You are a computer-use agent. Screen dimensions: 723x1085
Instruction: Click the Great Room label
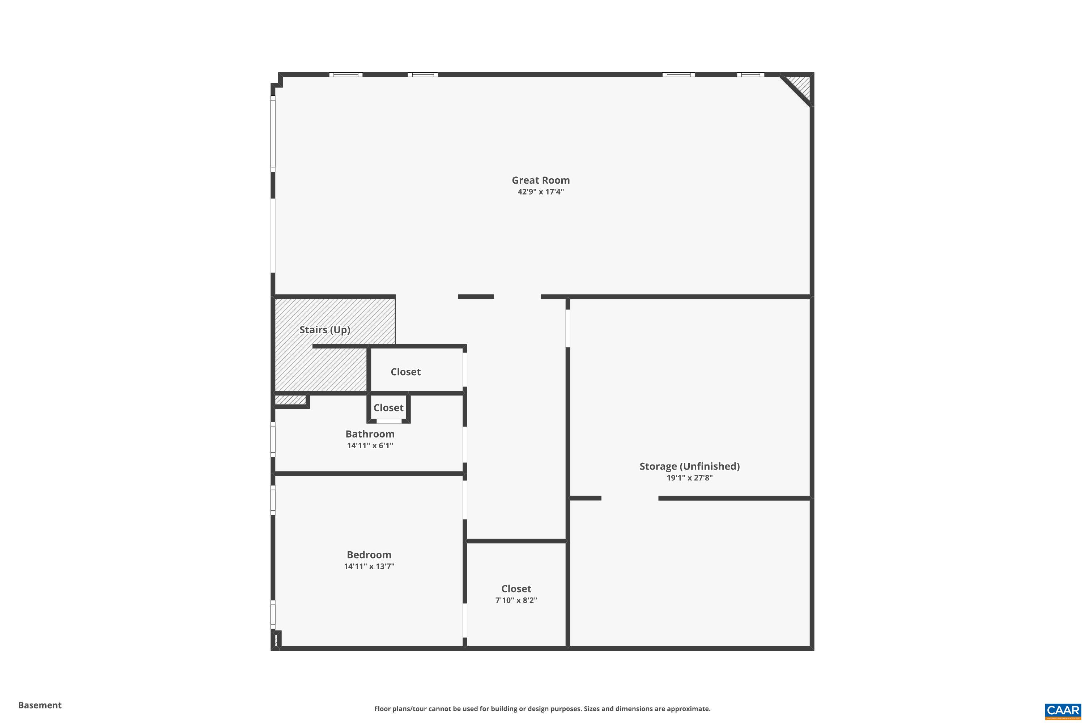point(540,180)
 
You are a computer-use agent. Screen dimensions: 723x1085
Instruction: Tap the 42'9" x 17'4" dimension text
point(540,192)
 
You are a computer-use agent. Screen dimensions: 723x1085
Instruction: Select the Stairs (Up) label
point(325,330)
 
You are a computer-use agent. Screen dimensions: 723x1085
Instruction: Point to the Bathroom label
point(370,434)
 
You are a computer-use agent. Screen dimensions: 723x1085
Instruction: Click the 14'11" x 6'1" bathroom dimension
point(370,445)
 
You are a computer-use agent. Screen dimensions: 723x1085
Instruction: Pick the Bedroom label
point(369,555)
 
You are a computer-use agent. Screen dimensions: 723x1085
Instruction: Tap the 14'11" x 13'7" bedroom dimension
point(369,566)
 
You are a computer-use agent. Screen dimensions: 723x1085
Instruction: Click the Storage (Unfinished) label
point(689,466)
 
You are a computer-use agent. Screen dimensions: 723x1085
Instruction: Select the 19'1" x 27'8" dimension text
point(689,478)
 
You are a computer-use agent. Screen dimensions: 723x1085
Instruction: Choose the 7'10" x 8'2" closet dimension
point(516,600)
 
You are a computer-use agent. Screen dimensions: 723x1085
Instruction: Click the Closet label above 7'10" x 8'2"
point(516,589)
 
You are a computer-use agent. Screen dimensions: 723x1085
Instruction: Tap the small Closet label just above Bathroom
point(388,408)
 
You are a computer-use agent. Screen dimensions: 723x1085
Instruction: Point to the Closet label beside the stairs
point(405,372)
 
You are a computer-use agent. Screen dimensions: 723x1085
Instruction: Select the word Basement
point(40,705)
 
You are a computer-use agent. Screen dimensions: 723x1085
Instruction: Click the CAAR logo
point(1064,711)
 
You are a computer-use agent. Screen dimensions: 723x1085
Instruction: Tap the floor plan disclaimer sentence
point(542,709)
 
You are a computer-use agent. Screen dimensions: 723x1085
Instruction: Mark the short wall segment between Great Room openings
point(476,296)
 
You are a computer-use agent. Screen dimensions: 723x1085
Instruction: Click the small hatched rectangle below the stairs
point(291,400)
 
